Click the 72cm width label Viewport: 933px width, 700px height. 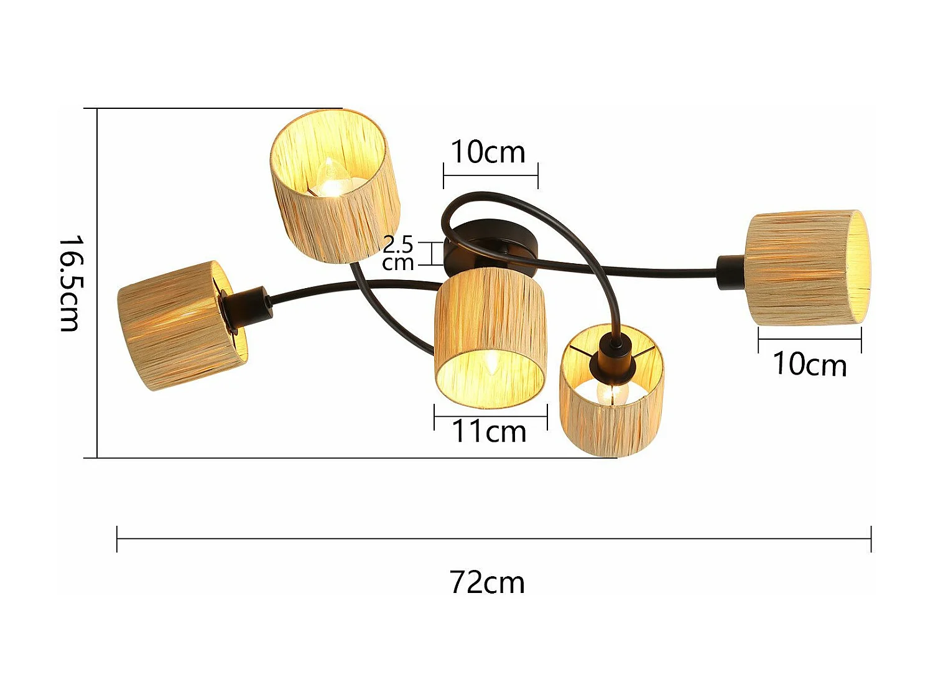[x=487, y=583]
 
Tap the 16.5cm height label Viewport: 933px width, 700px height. [x=69, y=283]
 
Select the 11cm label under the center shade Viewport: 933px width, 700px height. [x=489, y=432]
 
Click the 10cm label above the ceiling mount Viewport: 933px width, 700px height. [x=488, y=152]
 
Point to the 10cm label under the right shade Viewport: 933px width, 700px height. [x=809, y=365]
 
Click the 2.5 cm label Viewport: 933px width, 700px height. [x=398, y=253]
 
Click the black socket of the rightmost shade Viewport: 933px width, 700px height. [x=731, y=273]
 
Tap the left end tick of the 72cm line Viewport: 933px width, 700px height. [x=117, y=539]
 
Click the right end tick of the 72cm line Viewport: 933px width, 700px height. [x=871, y=539]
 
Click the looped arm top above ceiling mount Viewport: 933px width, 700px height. [x=491, y=196]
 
